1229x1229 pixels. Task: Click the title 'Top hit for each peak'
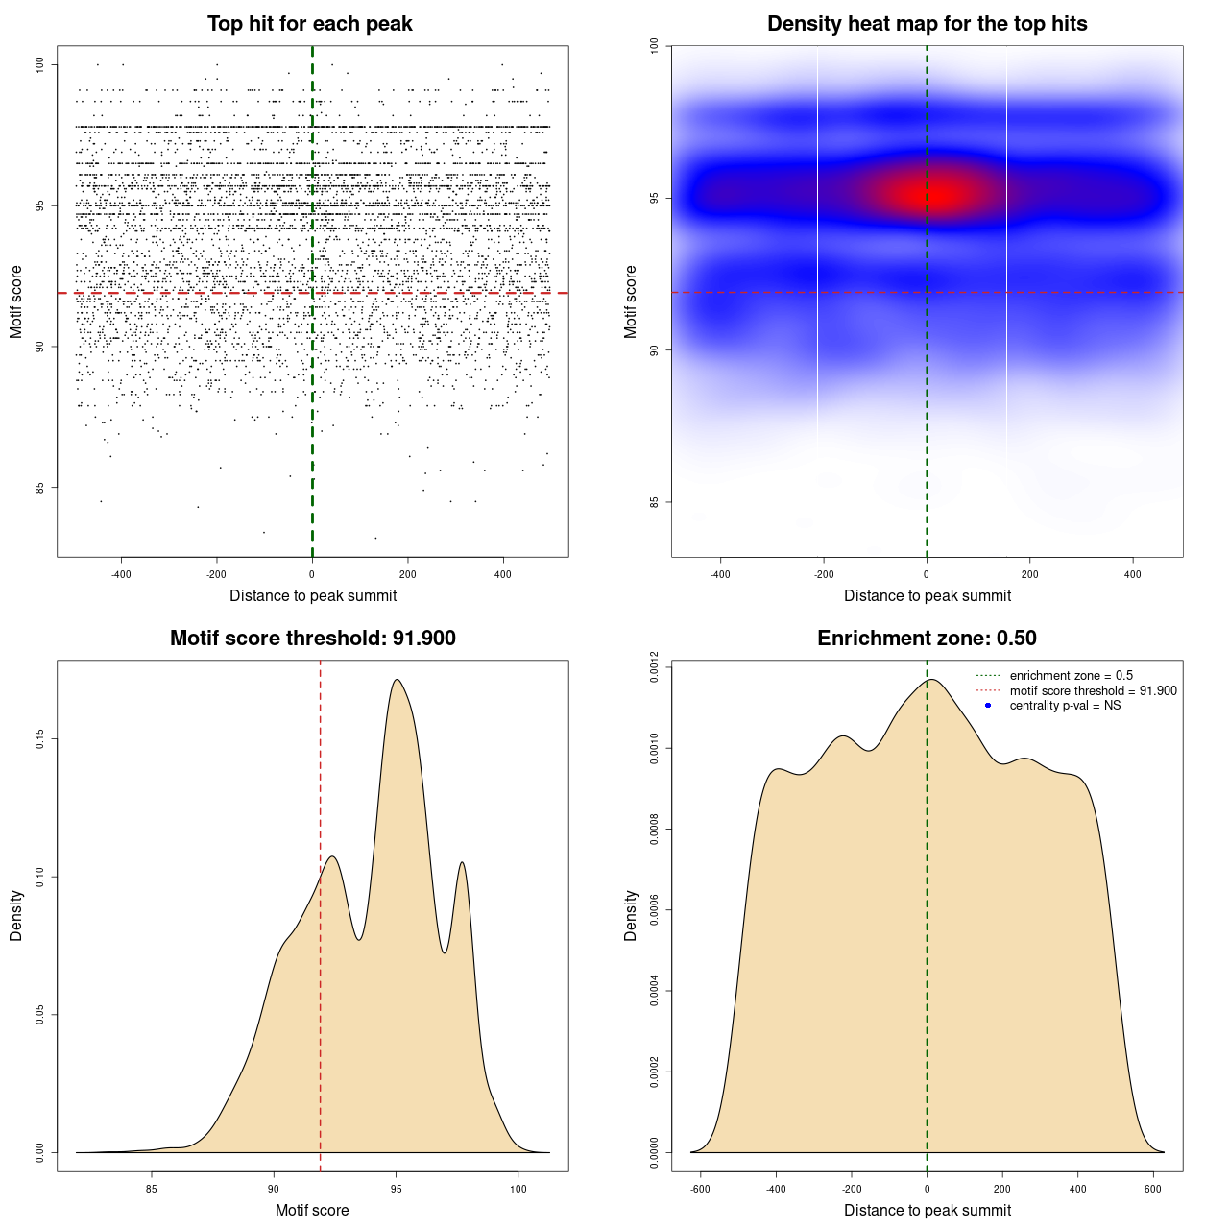(309, 24)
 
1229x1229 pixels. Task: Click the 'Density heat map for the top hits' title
(927, 24)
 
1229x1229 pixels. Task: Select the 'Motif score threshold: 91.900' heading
(312, 639)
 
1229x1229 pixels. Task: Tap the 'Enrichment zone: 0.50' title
(927, 639)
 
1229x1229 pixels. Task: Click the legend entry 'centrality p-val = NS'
(1065, 706)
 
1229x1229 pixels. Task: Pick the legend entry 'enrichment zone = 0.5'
(1071, 676)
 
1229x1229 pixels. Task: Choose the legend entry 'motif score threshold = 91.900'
(1093, 691)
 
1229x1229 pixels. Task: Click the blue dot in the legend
(988, 706)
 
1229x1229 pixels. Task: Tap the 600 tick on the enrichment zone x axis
(1153, 1189)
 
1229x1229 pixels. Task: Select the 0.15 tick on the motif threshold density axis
(39, 738)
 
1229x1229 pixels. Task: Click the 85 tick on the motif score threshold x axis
(151, 1189)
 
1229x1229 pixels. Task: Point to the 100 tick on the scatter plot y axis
(39, 64)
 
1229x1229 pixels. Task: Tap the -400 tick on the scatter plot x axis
(121, 574)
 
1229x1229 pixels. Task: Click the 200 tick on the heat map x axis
(1029, 574)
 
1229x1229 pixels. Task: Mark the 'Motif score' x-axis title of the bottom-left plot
(312, 1210)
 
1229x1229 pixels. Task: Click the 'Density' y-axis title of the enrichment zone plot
(631, 915)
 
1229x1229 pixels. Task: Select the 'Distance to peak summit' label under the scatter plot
(313, 595)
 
